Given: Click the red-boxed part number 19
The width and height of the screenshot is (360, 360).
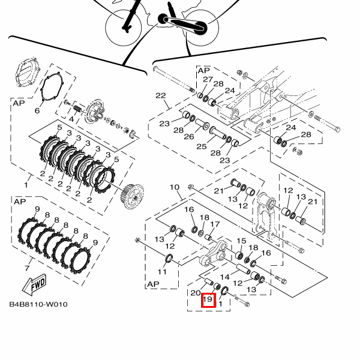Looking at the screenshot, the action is tap(208, 299).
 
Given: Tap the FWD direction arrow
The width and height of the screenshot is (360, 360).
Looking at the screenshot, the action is tap(34, 284).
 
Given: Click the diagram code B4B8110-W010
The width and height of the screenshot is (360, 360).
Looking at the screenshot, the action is tap(38, 304).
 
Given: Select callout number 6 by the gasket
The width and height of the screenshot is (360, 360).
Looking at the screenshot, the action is tap(37, 110).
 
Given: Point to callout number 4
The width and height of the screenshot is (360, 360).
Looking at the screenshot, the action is tap(71, 119).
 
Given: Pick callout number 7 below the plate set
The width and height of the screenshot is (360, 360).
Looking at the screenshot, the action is tap(27, 268).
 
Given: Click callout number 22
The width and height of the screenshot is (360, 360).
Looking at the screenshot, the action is tap(161, 95).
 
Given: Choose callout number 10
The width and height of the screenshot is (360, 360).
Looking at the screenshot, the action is tap(175, 187).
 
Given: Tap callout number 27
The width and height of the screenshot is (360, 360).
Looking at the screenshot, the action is tap(208, 79).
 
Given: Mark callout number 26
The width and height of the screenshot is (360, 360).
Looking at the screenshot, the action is tap(189, 137).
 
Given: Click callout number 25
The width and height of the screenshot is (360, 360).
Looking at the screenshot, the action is tap(202, 146).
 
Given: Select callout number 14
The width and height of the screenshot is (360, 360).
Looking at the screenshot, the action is tap(225, 277).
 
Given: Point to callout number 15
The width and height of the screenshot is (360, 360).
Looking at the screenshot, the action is tap(241, 241).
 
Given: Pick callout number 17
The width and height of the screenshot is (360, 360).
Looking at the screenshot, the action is tap(215, 224).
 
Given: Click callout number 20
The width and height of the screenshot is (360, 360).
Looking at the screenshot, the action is tap(196, 293).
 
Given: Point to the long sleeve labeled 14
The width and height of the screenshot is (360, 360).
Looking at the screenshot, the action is tap(244, 269).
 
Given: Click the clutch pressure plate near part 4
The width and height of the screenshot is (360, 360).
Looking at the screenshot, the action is tap(95, 113).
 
